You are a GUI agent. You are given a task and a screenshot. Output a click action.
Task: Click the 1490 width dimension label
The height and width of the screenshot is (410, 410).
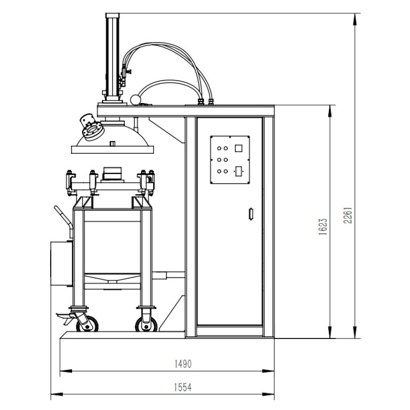(x=183, y=364)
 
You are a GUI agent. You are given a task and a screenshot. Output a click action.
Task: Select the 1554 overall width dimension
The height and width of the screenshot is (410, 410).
(x=183, y=388)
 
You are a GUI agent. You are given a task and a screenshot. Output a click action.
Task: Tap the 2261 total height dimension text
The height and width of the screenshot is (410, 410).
(x=348, y=214)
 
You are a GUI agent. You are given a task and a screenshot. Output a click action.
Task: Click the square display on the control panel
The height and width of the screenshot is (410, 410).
(x=239, y=148)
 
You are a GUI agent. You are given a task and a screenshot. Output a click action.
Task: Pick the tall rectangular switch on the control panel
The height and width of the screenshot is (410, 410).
(x=239, y=171)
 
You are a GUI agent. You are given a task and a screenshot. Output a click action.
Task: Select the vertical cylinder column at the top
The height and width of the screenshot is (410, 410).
(x=113, y=56)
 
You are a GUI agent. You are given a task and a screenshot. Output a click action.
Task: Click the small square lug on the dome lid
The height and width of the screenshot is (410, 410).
(x=112, y=143)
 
